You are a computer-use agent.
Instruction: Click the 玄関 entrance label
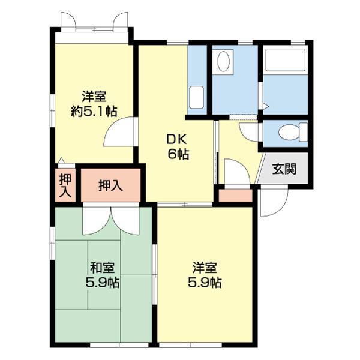pos(284,169)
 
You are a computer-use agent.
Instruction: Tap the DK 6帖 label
pos(178,147)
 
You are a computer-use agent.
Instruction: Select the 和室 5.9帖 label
pos(102,275)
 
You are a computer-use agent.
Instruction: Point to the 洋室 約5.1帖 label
pos(94,104)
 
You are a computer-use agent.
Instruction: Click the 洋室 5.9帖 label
pos(205,275)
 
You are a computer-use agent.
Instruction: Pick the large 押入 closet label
pos(110,185)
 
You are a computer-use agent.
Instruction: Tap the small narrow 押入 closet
pos(65,185)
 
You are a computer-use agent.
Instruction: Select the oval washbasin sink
pos(223,61)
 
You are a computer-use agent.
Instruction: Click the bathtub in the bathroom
pos(286,59)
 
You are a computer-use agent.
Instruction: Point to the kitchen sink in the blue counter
pos(197,98)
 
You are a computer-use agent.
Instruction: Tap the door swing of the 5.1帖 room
pos(119,131)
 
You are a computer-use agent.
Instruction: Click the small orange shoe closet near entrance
pos(235,196)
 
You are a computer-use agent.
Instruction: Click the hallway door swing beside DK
pos(237,171)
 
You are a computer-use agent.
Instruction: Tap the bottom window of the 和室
pos(119,344)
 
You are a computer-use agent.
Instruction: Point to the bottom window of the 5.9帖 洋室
pos(190,344)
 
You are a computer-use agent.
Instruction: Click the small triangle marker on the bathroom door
pos(266,106)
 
